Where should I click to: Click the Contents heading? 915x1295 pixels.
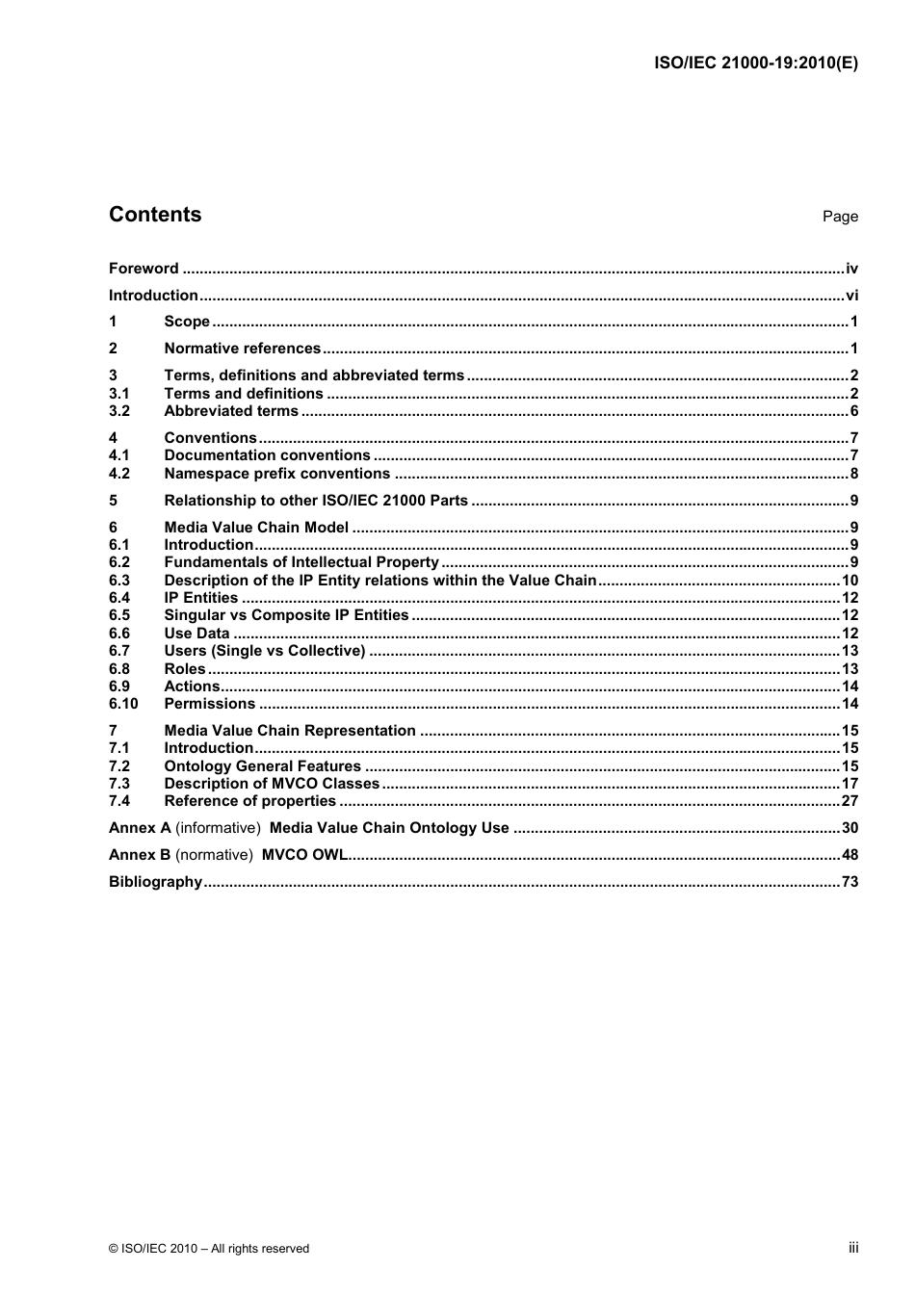point(155,215)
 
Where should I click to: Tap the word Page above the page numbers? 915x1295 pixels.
point(839,217)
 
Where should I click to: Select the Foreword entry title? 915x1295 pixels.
point(144,269)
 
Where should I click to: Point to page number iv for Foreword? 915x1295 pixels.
point(851,269)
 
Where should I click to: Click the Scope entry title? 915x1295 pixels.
point(187,322)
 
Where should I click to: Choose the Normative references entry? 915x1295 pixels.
point(243,349)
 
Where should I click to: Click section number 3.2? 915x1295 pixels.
point(119,411)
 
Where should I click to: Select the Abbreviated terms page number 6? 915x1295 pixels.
point(853,411)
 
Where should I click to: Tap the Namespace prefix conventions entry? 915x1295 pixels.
point(277,474)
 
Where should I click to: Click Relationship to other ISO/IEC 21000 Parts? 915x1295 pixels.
point(316,501)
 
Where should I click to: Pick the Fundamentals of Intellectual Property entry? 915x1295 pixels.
point(301,562)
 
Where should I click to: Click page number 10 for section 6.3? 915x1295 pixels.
point(850,581)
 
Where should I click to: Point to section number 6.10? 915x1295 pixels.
point(123,704)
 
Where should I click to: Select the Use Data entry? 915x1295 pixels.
point(196,634)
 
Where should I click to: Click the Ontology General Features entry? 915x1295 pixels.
point(263,766)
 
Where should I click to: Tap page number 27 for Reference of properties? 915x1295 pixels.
point(850,801)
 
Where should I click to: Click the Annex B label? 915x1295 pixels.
point(140,855)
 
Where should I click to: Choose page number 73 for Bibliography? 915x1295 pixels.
point(850,882)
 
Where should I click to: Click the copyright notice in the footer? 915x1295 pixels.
point(209,1249)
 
